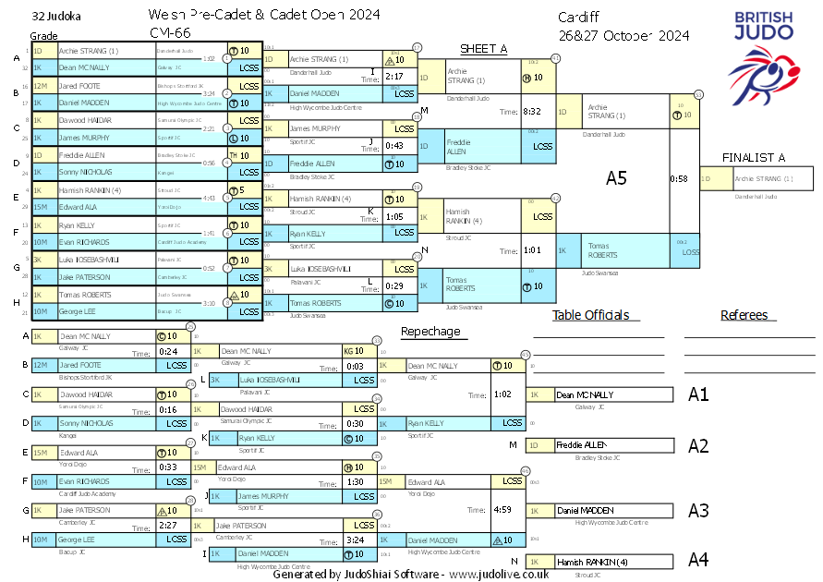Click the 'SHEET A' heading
pos(484,49)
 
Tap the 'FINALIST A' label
pos(754,158)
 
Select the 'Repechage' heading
pos(430,332)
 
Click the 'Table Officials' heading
pos(590,315)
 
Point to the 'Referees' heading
pos(744,315)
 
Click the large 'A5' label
pos(616,178)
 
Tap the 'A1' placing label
pos(698,394)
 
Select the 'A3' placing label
pos(698,510)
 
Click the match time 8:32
pos(532,112)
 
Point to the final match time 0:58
pos(678,178)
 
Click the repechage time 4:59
pos(503,510)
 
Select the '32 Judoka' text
pos(55,17)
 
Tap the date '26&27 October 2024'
pos(623,36)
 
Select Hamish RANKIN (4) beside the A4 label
pos(592,562)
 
